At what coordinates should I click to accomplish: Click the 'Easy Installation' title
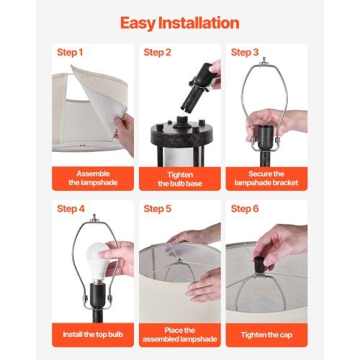click(179, 23)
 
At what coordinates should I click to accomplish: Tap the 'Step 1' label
click(70, 53)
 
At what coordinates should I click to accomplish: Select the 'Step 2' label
click(157, 53)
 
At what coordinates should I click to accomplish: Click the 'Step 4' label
click(70, 209)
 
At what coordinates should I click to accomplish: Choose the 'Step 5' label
click(157, 209)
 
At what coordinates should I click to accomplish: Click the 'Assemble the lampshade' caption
click(93, 179)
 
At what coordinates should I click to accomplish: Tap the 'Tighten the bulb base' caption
click(179, 179)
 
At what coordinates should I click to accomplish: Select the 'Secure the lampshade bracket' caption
click(266, 179)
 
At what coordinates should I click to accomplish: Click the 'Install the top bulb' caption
click(93, 336)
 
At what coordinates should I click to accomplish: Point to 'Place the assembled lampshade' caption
click(179, 336)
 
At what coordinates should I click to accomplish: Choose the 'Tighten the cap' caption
click(266, 336)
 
